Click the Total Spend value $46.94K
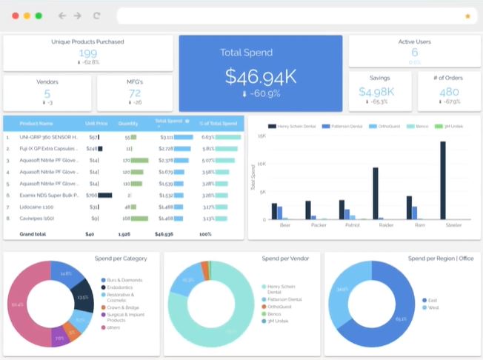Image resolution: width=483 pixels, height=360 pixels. click(x=260, y=76)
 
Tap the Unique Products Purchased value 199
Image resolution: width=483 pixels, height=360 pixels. click(x=88, y=53)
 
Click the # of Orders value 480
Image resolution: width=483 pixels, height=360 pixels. click(x=449, y=92)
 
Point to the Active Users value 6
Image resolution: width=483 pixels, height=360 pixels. click(x=414, y=53)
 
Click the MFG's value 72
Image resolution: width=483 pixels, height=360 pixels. click(x=134, y=93)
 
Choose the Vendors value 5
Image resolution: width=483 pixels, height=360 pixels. click(x=47, y=93)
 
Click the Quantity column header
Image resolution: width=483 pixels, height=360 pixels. click(x=128, y=123)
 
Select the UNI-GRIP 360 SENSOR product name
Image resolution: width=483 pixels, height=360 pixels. click(x=48, y=137)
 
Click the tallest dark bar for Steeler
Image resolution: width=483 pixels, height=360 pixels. click(x=443, y=180)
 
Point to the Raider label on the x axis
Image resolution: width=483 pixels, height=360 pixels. click(x=386, y=224)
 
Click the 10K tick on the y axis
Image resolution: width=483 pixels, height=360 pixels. click(x=261, y=164)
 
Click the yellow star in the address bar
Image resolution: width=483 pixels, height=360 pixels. click(x=467, y=16)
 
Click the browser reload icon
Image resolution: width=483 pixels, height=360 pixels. click(x=96, y=16)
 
